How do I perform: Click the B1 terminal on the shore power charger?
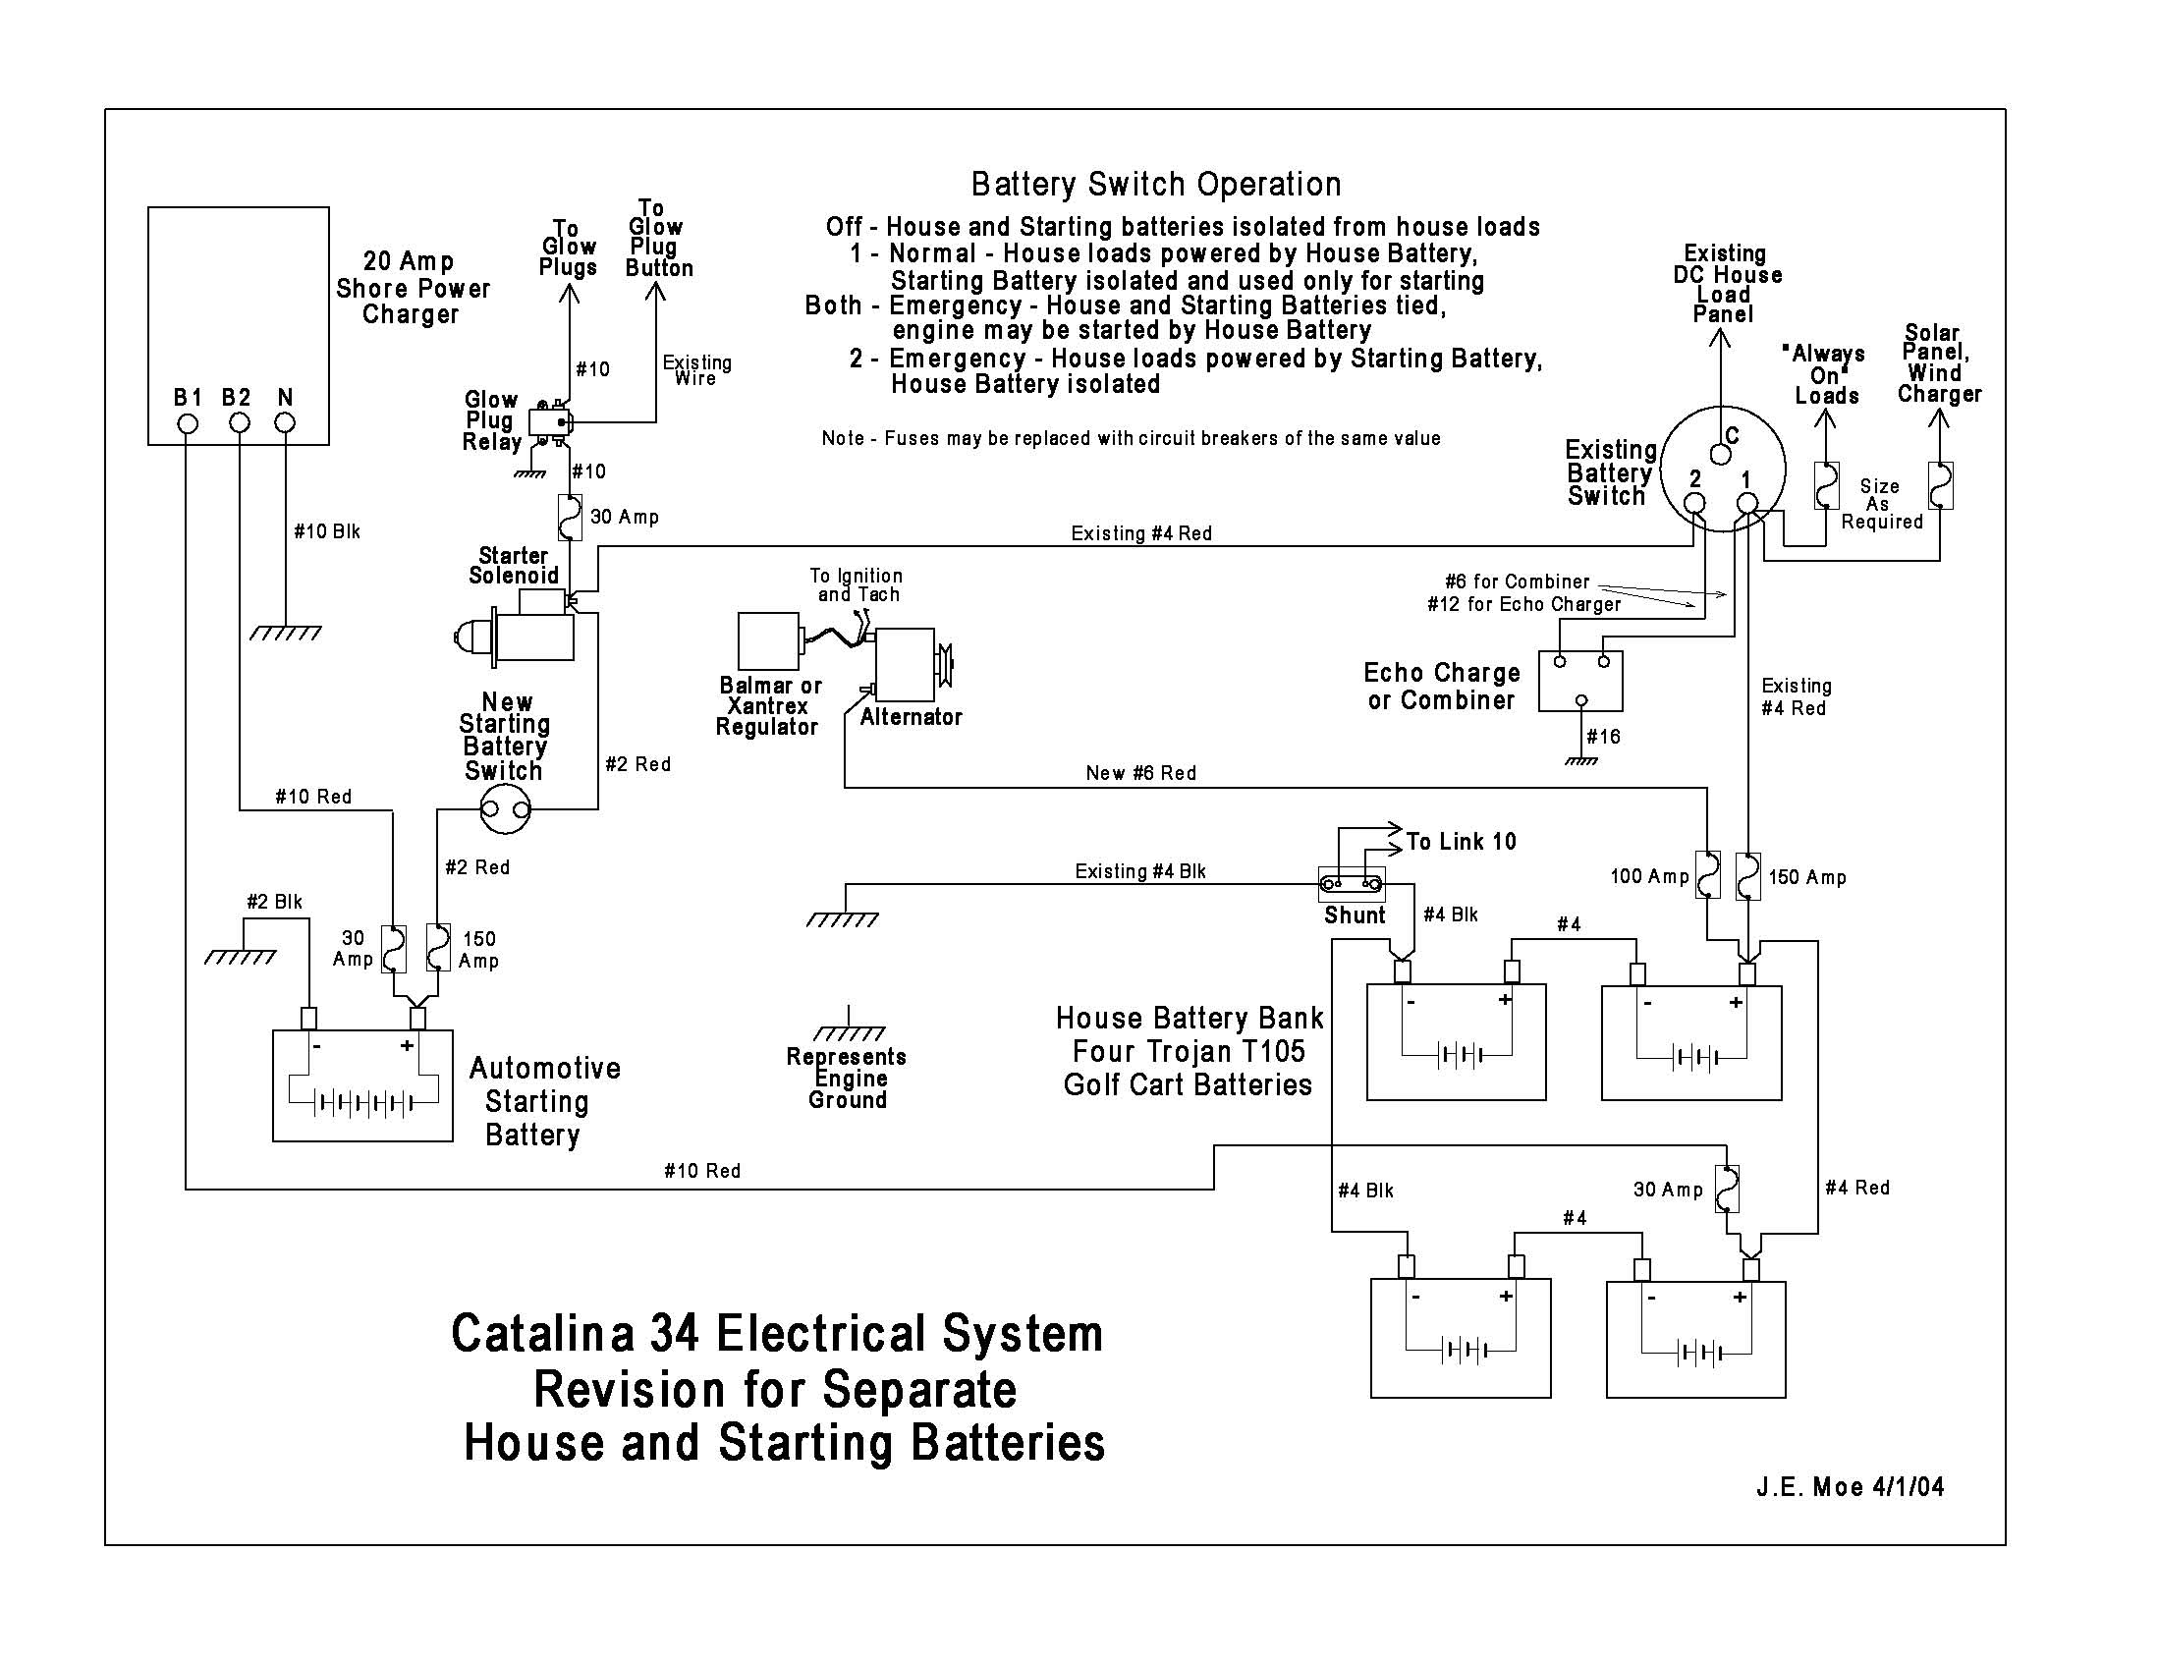click(x=187, y=423)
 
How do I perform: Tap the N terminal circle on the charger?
click(x=285, y=423)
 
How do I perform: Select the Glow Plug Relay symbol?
click(x=548, y=423)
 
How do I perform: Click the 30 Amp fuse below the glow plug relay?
click(x=570, y=517)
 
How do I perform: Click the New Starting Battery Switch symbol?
click(x=505, y=811)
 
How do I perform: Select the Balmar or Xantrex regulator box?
click(x=768, y=641)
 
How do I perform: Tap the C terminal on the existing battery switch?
click(x=1720, y=455)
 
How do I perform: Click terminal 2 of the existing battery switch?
click(x=1694, y=503)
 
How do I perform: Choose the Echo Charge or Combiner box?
click(x=1580, y=681)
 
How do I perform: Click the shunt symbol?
click(x=1351, y=883)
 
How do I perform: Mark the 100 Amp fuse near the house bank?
click(x=1707, y=874)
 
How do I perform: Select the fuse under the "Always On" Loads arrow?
click(x=1825, y=485)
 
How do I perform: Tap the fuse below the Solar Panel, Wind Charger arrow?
click(x=1940, y=485)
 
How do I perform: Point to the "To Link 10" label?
click(x=1461, y=842)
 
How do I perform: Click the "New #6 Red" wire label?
click(x=1140, y=773)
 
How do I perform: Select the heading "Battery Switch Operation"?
click(x=1156, y=185)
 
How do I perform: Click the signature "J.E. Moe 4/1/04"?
click(x=1850, y=1487)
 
